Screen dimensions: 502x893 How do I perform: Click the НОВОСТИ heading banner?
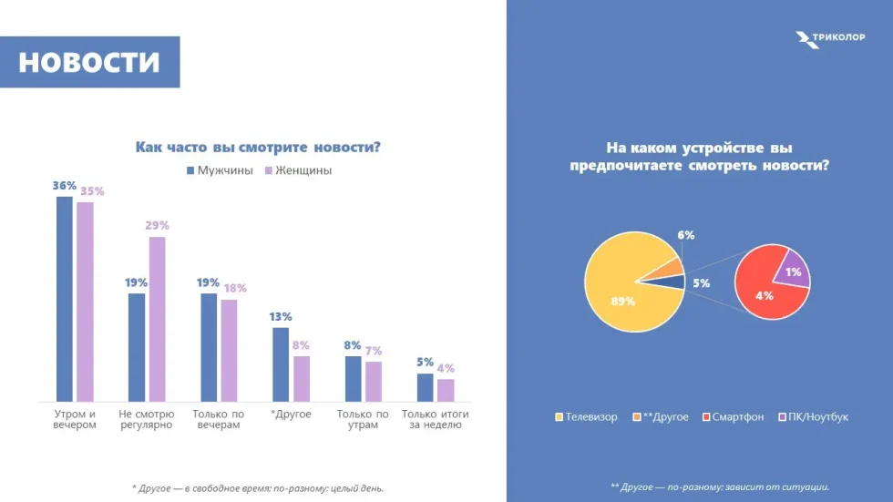(x=89, y=62)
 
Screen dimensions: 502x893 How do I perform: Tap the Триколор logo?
(x=829, y=39)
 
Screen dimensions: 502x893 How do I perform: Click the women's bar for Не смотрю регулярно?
(x=157, y=319)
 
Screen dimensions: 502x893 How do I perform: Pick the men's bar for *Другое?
(x=281, y=364)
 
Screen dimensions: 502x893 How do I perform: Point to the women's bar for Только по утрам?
(x=374, y=381)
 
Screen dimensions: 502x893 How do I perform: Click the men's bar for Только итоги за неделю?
(x=425, y=387)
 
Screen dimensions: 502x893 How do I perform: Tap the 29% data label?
(x=157, y=225)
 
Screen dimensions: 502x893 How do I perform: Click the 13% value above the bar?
(x=280, y=316)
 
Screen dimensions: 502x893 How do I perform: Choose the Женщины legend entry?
(x=298, y=170)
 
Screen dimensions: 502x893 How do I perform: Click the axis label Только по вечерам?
(x=218, y=420)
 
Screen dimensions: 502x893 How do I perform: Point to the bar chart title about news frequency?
(x=258, y=147)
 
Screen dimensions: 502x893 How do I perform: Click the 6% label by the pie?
(x=686, y=234)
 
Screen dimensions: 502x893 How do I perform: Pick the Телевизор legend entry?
(x=586, y=417)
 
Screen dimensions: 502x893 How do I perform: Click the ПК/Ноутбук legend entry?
(x=813, y=417)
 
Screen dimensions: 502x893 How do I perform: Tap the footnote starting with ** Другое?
(x=720, y=487)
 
